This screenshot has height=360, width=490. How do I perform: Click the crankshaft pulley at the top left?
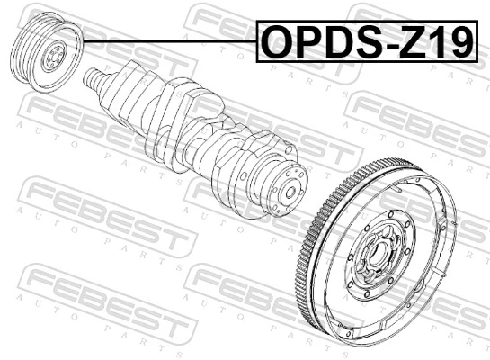45,53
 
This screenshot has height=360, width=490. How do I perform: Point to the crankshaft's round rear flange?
286,192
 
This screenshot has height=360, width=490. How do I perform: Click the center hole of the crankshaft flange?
290,193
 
